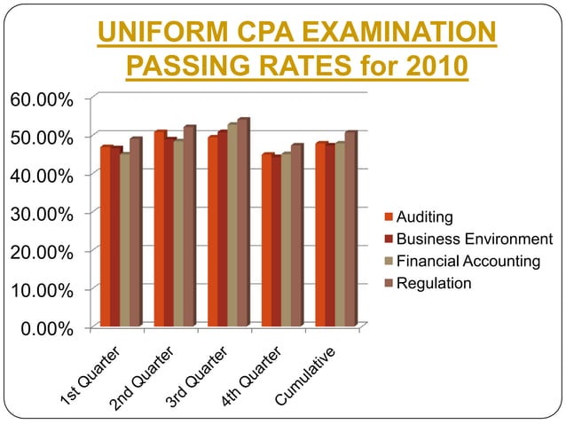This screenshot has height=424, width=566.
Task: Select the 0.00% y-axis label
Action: (x=46, y=329)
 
